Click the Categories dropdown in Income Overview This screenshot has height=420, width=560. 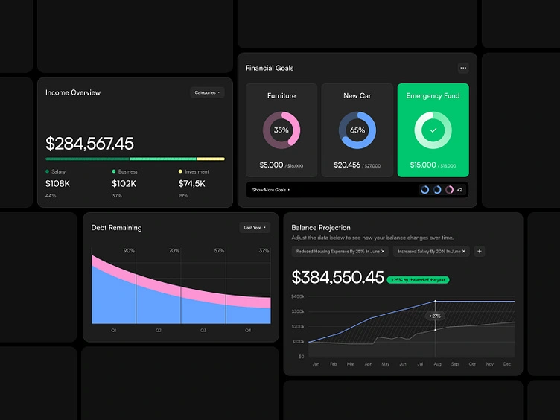(207, 92)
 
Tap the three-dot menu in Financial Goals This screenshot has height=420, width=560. (463, 68)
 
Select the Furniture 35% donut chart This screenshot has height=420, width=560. (281, 130)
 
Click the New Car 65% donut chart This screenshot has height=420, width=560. (357, 130)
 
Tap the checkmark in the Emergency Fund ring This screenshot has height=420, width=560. (433, 130)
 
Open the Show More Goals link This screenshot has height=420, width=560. (271, 190)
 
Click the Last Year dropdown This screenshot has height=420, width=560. (255, 228)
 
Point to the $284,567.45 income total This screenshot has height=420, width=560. (89, 143)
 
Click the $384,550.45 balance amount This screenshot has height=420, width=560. (337, 277)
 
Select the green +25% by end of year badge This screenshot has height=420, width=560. (418, 280)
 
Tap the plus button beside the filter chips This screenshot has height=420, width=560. (479, 252)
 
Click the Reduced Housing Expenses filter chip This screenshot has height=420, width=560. (340, 252)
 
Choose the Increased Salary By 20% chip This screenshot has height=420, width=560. (432, 252)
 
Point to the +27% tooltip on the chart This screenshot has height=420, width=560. (435, 316)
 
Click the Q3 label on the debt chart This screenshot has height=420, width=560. (203, 329)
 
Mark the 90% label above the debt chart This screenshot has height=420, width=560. (129, 251)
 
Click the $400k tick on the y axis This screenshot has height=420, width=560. (298, 296)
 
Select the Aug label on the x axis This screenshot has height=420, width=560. (436, 364)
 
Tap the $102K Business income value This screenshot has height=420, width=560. (124, 183)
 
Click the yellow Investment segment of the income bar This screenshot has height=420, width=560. (211, 159)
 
